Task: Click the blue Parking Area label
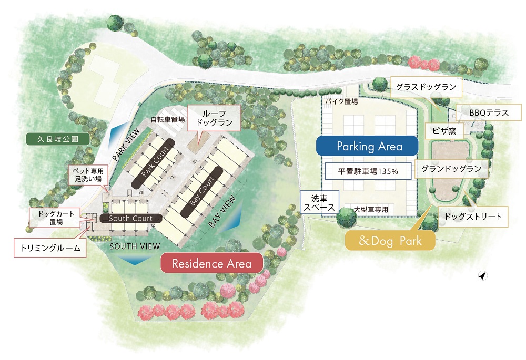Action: [367, 146]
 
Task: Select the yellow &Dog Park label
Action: [390, 241]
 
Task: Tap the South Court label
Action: [130, 218]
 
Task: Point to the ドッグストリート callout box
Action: [473, 217]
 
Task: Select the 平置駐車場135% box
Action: [367, 171]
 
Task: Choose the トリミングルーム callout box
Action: [49, 247]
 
